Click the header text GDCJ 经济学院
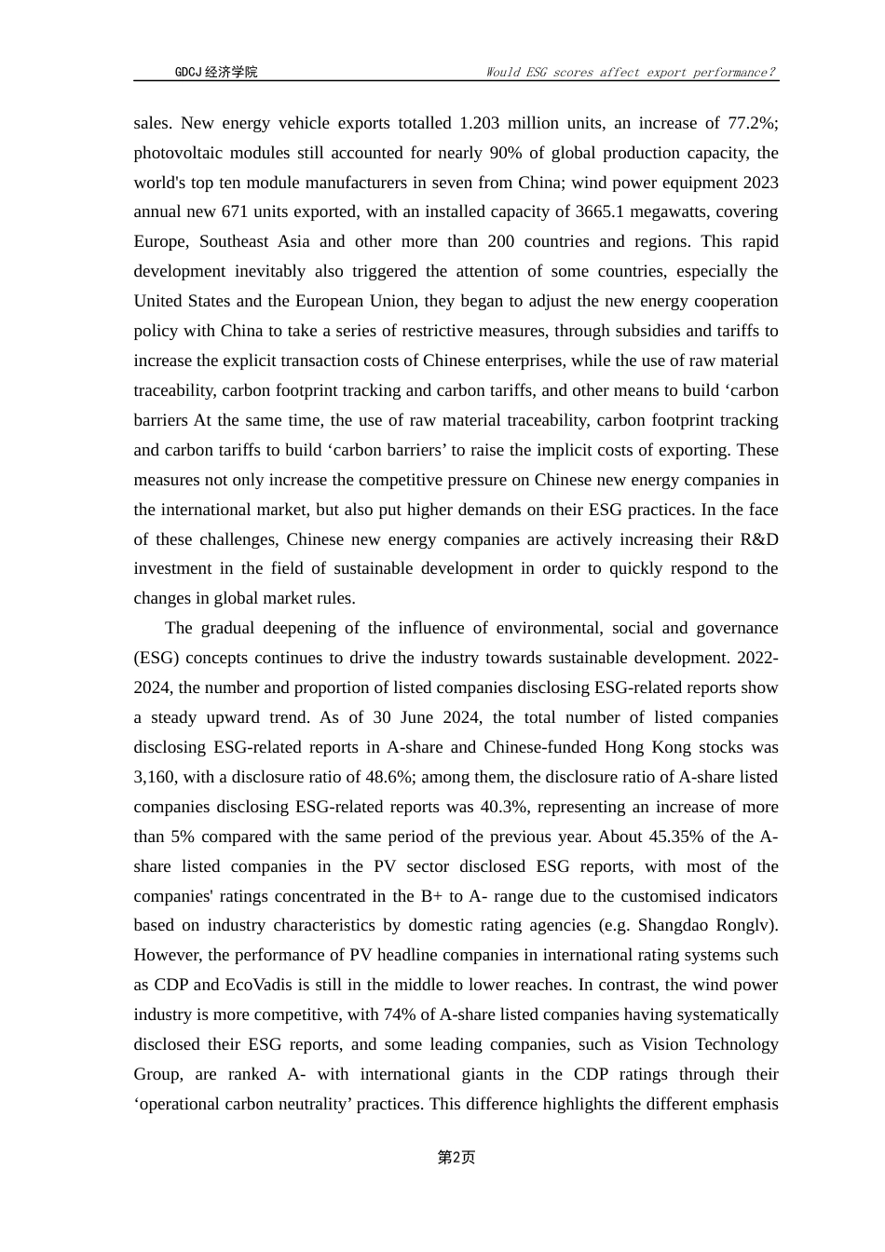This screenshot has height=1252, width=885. [x=216, y=72]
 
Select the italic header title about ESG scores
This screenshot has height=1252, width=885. [x=631, y=72]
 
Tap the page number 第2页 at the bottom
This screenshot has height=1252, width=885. [x=456, y=1157]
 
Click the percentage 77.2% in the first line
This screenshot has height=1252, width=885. [x=753, y=123]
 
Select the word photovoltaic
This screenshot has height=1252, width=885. [x=180, y=153]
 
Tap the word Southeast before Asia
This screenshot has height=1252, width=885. [x=234, y=241]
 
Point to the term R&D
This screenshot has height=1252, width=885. [x=759, y=539]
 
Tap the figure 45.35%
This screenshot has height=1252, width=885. [x=677, y=837]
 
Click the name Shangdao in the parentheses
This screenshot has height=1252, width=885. [x=673, y=925]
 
